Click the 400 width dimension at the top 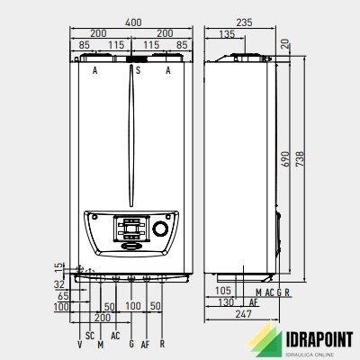[133, 22]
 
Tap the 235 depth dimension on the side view [244, 22]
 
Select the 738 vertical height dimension [300, 159]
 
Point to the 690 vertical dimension [285, 159]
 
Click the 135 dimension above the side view [227, 34]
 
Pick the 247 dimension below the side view [243, 314]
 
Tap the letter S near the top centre [138, 70]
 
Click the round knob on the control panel [161, 229]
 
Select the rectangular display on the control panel [131, 229]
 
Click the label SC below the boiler [90, 336]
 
